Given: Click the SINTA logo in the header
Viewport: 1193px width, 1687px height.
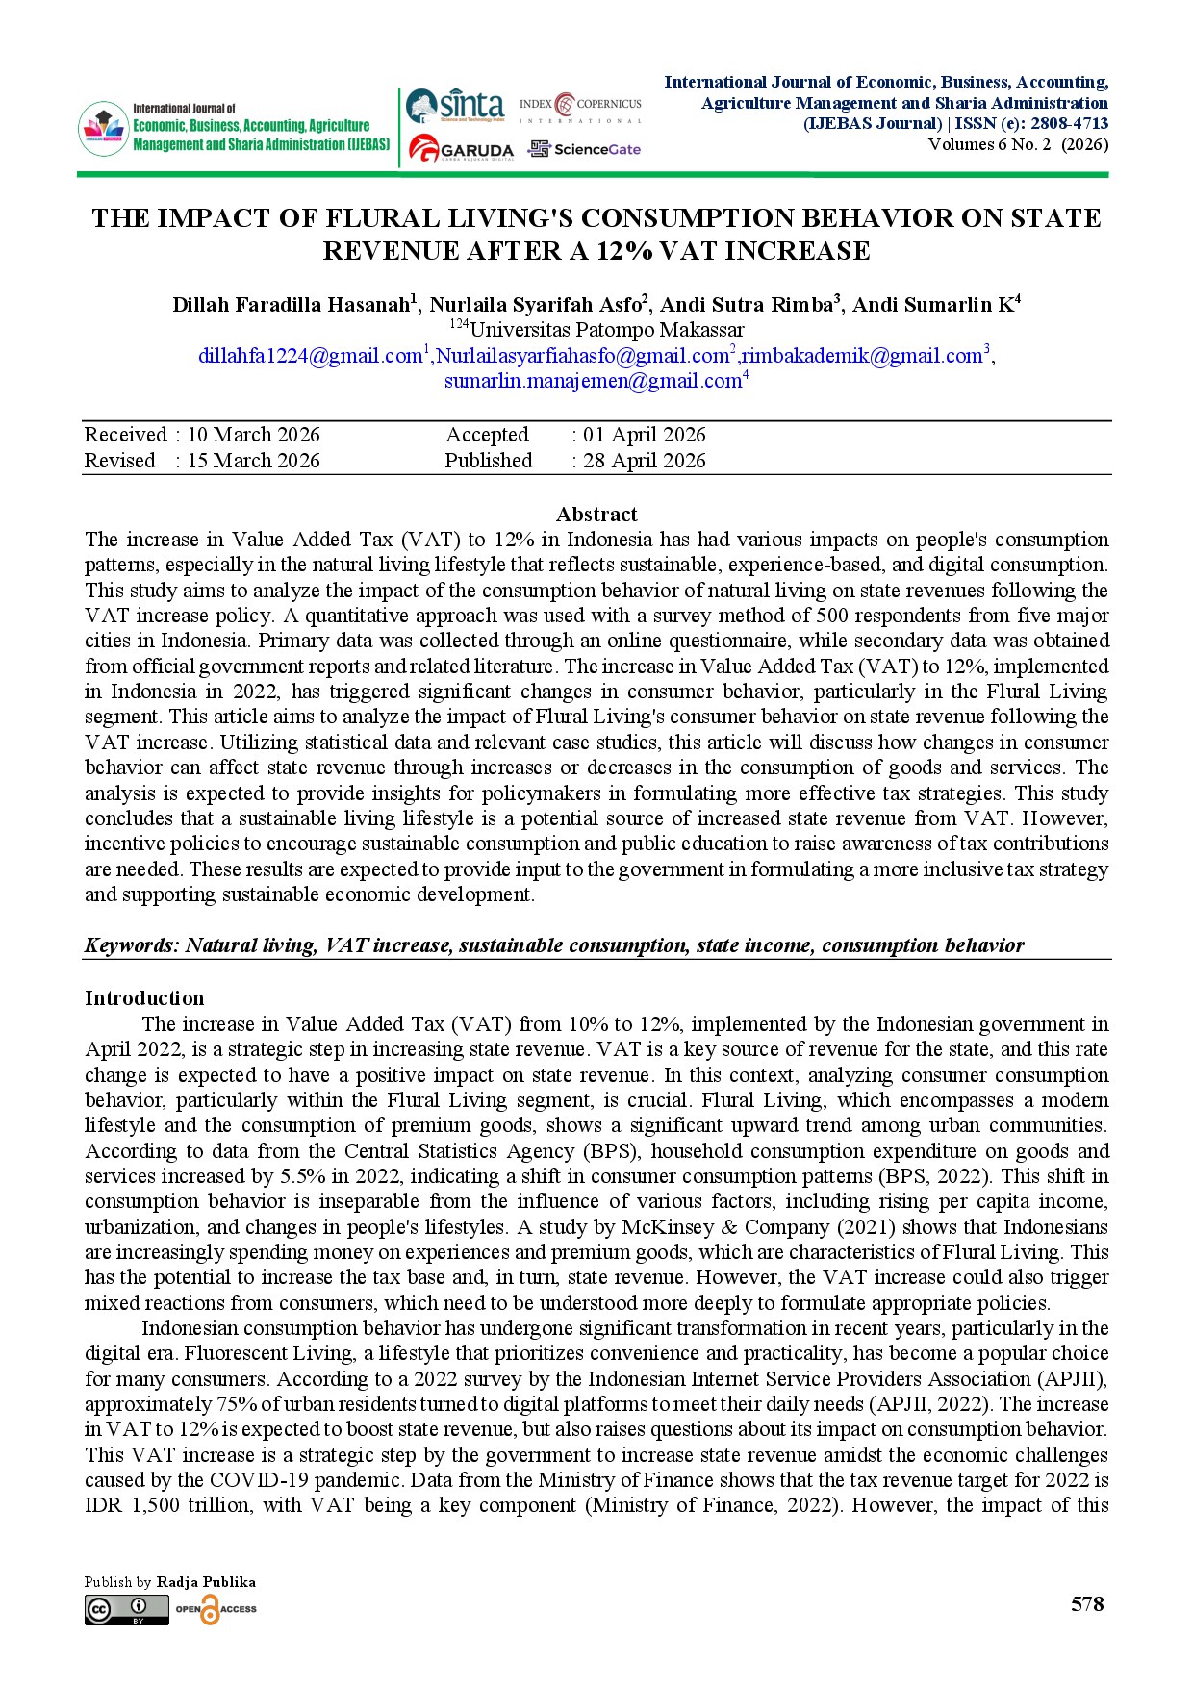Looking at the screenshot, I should tap(455, 105).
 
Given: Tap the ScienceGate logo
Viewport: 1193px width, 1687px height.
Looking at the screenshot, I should tap(584, 149).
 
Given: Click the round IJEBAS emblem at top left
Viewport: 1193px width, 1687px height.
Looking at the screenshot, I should tap(103, 128).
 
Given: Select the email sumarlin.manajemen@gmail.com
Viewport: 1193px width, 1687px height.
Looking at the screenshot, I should tap(592, 381).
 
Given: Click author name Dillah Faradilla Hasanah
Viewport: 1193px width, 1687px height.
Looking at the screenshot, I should tap(291, 305).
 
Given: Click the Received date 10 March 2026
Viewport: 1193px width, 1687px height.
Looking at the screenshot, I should tap(253, 435).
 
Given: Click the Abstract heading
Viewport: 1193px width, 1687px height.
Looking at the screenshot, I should tap(596, 515).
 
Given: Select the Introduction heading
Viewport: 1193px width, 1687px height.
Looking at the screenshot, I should tap(144, 998).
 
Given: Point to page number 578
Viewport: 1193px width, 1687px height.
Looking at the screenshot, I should tap(1087, 1604).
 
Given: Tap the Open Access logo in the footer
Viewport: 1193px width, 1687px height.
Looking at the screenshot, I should tap(216, 1609).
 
